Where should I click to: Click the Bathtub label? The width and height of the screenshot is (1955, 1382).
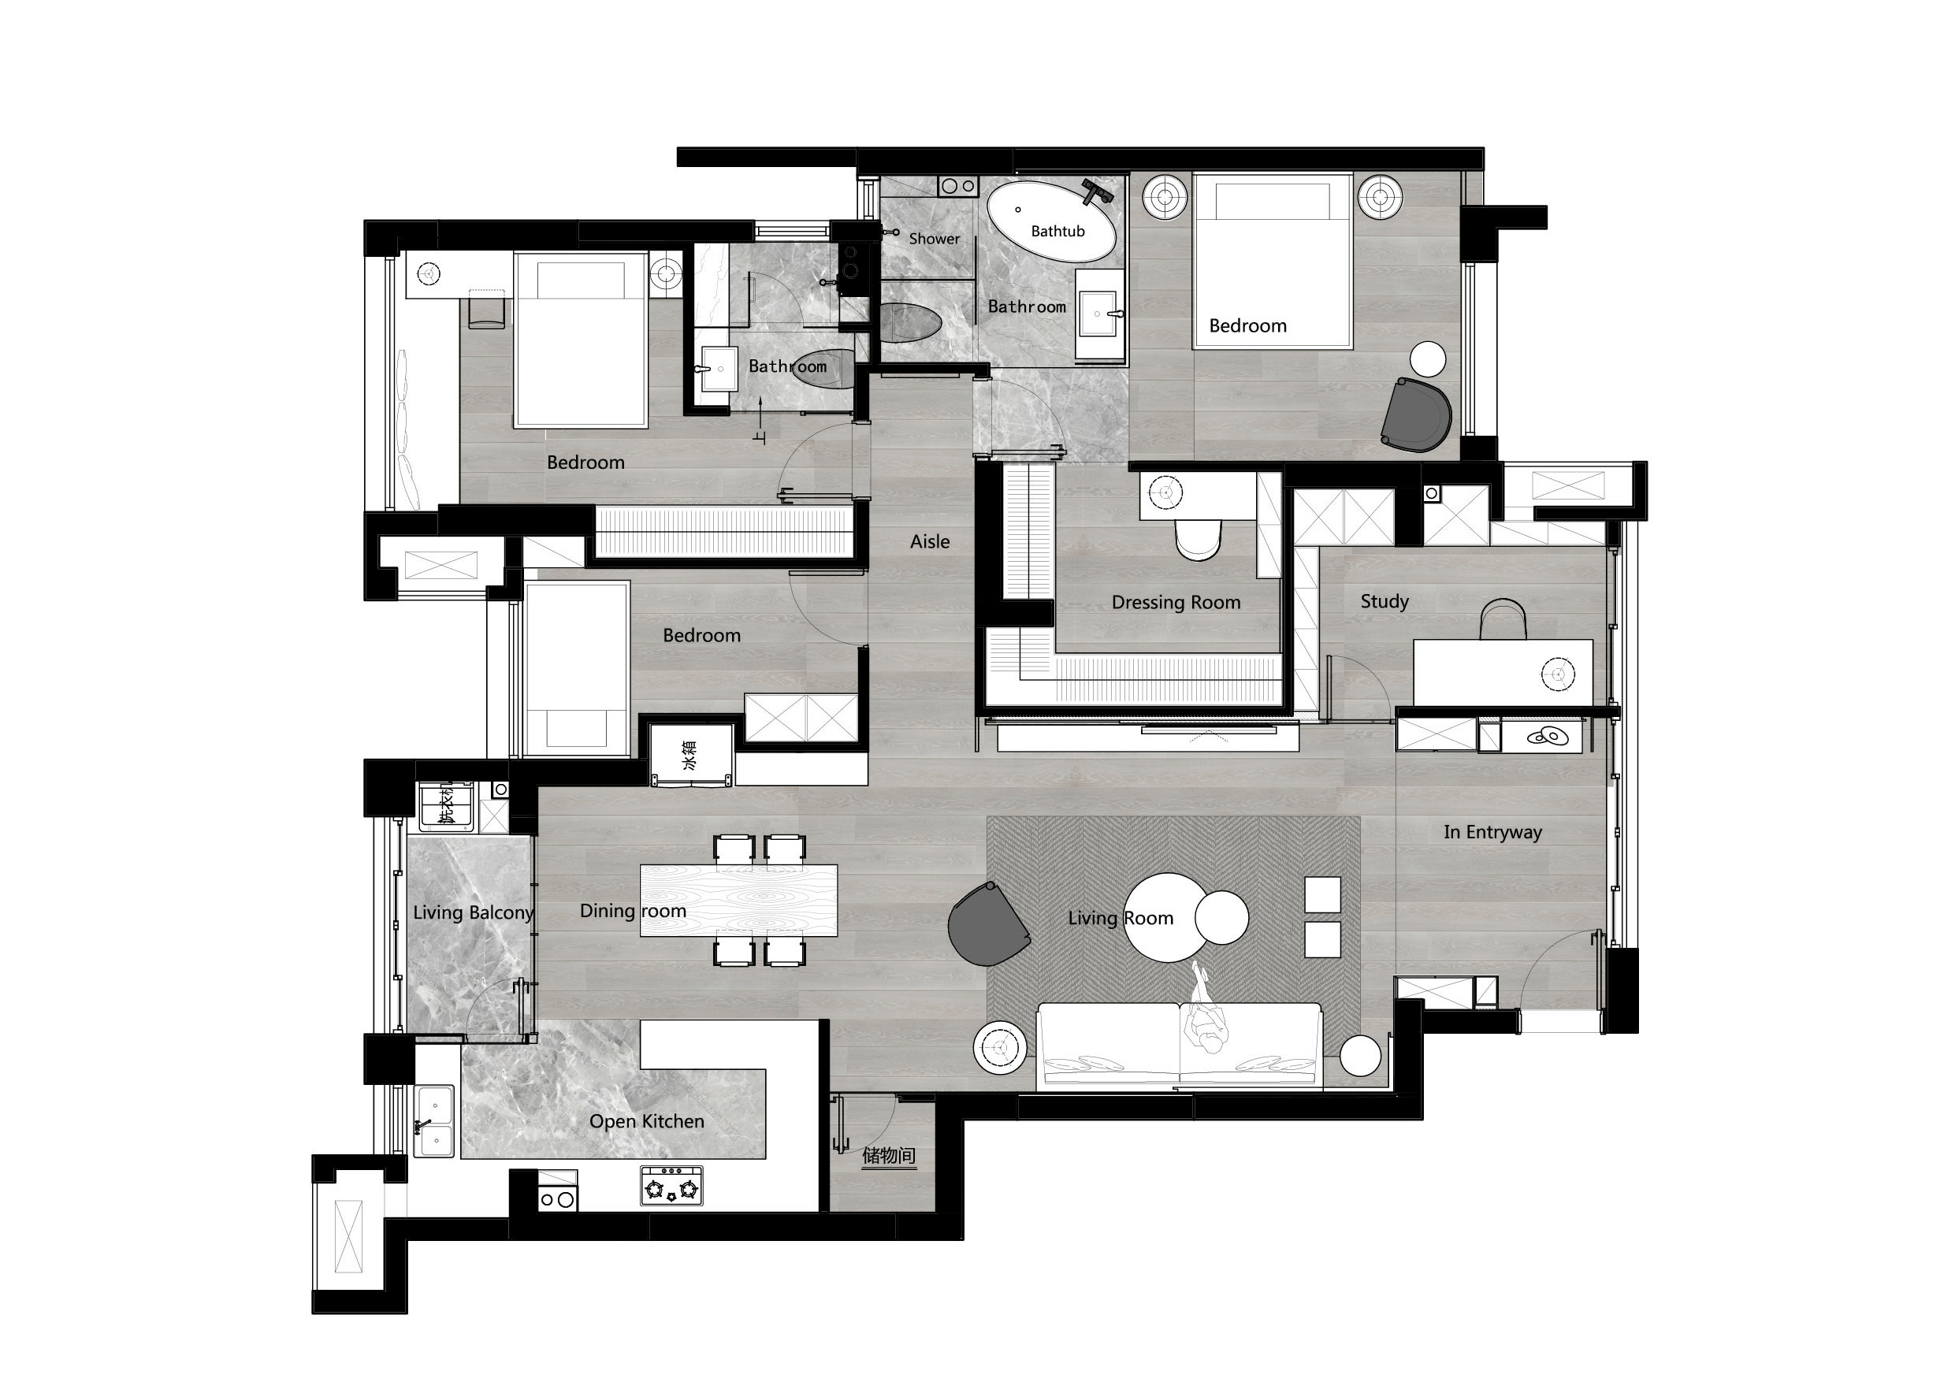[x=1057, y=231]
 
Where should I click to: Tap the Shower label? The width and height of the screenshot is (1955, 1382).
[x=934, y=239]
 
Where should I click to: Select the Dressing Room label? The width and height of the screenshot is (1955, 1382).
[x=1176, y=602]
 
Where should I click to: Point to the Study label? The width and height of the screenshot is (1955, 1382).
[x=1384, y=601]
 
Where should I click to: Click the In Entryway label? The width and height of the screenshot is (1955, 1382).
[x=1492, y=832]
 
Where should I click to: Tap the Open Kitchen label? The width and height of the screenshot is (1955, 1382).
[x=647, y=1121]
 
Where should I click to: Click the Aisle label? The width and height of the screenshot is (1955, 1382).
[x=930, y=541]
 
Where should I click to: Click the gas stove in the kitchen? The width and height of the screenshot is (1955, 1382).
[x=672, y=1186]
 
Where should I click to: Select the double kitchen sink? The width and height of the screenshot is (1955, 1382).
[x=433, y=1120]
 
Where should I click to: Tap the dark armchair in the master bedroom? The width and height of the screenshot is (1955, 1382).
[x=1416, y=414]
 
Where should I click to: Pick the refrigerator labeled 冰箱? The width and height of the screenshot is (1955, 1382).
[x=691, y=755]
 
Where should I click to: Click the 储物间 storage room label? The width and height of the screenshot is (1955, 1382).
[x=889, y=1156]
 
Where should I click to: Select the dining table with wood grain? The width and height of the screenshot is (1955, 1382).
[x=738, y=900]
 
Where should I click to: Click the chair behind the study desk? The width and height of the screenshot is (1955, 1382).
[x=1502, y=619]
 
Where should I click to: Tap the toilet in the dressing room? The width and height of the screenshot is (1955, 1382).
[x=1198, y=540]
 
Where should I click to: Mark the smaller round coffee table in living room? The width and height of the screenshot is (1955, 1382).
[x=1222, y=917]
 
